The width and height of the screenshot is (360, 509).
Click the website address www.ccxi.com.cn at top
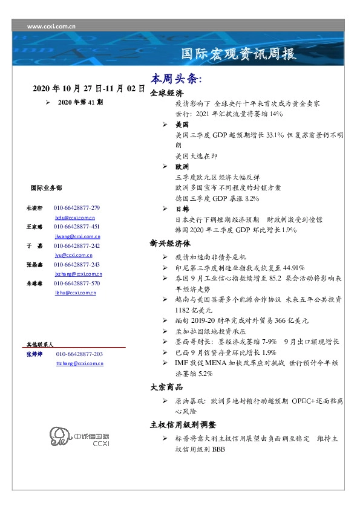(51, 27)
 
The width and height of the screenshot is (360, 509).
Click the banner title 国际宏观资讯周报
(239, 55)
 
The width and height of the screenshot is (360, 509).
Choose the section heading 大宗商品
(166, 387)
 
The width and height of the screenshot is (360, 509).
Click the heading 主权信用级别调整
(183, 424)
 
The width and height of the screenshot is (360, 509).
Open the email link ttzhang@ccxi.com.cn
(79, 363)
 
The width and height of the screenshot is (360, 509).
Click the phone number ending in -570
(77, 283)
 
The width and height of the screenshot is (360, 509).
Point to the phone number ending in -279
(77, 207)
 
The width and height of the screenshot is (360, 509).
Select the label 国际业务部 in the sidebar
(45, 188)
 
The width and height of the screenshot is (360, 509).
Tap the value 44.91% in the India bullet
(291, 267)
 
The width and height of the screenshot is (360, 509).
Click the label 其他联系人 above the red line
(40, 344)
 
